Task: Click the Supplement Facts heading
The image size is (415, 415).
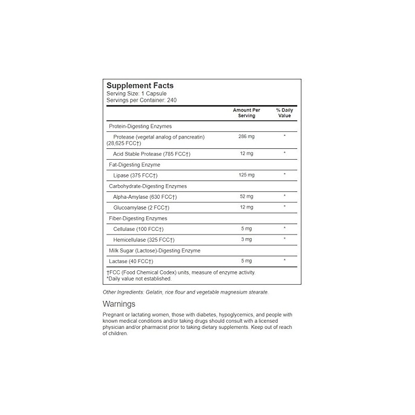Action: point(140,86)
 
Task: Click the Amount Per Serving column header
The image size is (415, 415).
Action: point(247,113)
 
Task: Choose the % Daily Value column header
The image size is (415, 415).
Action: point(284,113)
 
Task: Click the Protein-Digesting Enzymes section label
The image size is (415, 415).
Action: point(140,126)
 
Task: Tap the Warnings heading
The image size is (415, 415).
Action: point(119,304)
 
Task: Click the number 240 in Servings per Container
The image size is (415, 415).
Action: point(173,100)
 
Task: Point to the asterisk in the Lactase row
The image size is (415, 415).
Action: point(284,260)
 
